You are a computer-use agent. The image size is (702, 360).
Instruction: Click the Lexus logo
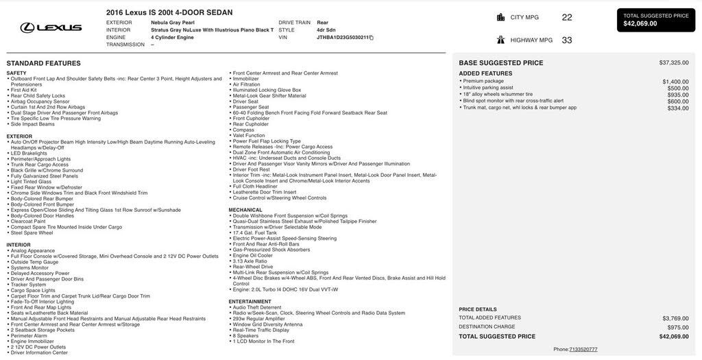tap(51, 27)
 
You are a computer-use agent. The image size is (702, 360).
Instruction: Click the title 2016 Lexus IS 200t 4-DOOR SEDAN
tap(169, 12)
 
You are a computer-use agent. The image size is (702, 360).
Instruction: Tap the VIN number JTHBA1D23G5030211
tap(342, 38)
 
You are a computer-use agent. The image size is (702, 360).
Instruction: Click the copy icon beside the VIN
tap(372, 38)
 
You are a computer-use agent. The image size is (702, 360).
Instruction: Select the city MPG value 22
tap(566, 17)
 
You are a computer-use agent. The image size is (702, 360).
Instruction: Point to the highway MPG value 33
tap(566, 40)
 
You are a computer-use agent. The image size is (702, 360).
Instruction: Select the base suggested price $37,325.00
tap(674, 62)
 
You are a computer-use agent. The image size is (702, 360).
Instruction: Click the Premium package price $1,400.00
tap(675, 81)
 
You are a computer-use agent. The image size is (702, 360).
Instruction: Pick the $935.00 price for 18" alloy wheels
tap(678, 95)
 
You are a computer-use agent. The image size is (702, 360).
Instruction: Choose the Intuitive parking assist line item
tap(488, 88)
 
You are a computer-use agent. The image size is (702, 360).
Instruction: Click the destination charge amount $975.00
tap(678, 327)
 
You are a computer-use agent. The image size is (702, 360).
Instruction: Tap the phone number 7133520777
tap(583, 350)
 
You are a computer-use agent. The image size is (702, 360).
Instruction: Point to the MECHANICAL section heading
tap(245, 210)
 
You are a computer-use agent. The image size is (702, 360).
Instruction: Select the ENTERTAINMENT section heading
tap(250, 302)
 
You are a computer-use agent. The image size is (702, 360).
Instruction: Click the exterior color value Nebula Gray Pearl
tap(173, 23)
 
